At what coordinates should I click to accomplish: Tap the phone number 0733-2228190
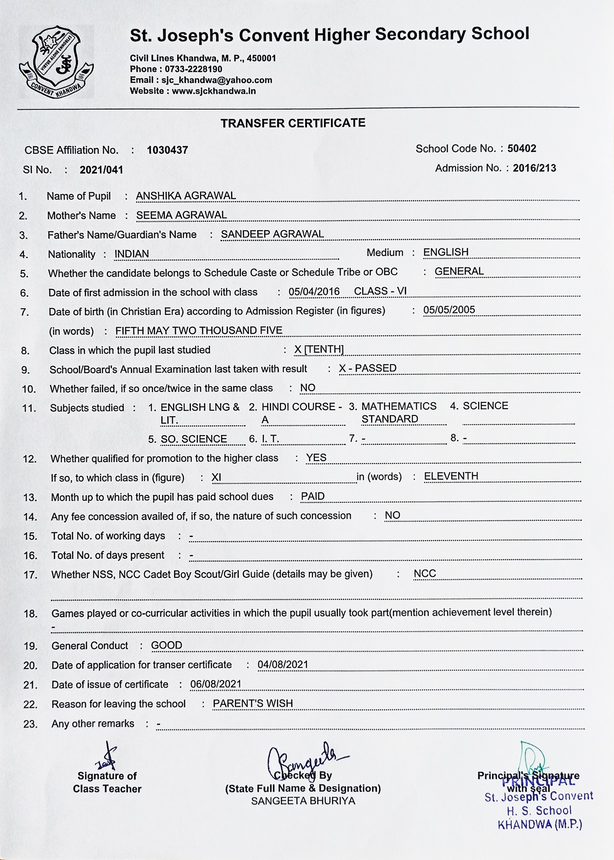point(193,69)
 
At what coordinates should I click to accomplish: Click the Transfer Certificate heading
point(293,123)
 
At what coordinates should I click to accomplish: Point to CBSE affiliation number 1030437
point(167,150)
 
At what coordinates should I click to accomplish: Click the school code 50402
point(522,148)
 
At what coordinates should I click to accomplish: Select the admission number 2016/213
point(535,168)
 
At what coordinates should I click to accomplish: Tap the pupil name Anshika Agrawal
point(186,196)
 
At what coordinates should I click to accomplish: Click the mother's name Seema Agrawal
point(181,215)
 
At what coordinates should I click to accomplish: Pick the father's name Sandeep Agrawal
point(272,234)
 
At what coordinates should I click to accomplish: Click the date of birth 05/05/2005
point(449,310)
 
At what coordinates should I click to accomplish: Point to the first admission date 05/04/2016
point(314,291)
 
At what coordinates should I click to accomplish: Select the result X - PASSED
point(368,368)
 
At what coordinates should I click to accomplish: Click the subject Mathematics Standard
point(399,412)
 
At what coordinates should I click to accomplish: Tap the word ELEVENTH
point(451,476)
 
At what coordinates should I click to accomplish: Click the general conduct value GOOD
point(166,645)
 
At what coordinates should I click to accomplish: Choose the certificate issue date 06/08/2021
point(216,684)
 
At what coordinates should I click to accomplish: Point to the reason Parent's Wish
point(253,703)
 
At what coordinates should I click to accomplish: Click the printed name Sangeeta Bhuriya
point(303,801)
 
